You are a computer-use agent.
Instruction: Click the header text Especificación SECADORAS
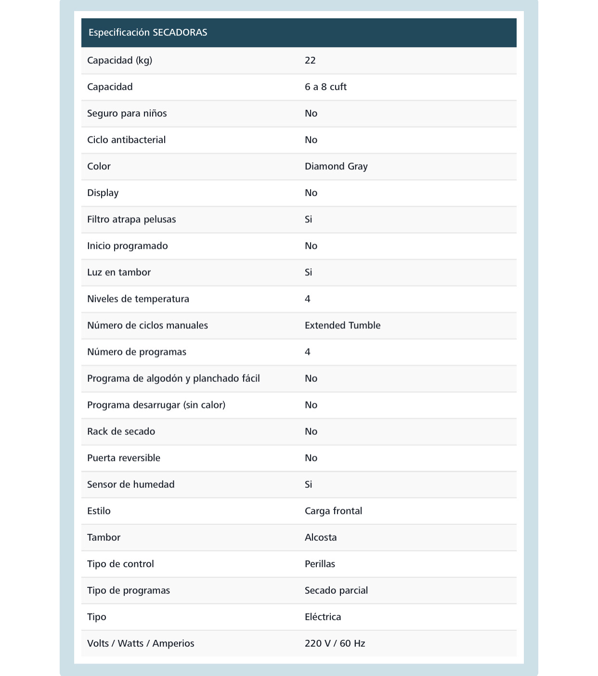148,33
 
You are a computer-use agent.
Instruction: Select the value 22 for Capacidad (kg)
310,61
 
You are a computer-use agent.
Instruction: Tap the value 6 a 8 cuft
325,87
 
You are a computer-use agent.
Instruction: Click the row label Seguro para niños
127,114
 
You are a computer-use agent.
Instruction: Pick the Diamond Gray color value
336,167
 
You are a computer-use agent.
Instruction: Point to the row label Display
103,193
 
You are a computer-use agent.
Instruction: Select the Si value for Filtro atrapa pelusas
308,220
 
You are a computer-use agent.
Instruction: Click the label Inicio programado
127,246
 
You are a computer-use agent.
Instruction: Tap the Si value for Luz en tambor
308,273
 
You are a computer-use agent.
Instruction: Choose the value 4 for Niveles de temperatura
308,299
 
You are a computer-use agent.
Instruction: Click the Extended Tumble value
342,325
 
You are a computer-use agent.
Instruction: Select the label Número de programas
136,352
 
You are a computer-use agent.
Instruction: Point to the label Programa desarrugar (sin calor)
156,405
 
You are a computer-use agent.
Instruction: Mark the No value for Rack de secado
311,431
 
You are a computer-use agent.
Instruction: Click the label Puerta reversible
123,458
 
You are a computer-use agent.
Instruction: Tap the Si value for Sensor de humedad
308,484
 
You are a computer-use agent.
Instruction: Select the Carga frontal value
333,511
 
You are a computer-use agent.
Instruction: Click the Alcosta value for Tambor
321,537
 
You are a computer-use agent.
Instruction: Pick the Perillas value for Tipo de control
320,564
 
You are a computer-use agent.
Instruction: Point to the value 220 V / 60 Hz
335,643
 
